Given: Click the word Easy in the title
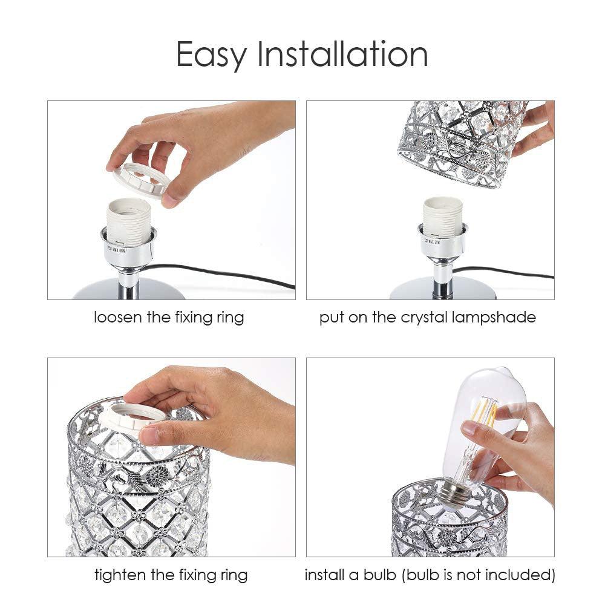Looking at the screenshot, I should click(x=212, y=54).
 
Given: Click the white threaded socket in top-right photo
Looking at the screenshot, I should click(x=442, y=217).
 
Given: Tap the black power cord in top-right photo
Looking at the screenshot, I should click(x=508, y=273).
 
